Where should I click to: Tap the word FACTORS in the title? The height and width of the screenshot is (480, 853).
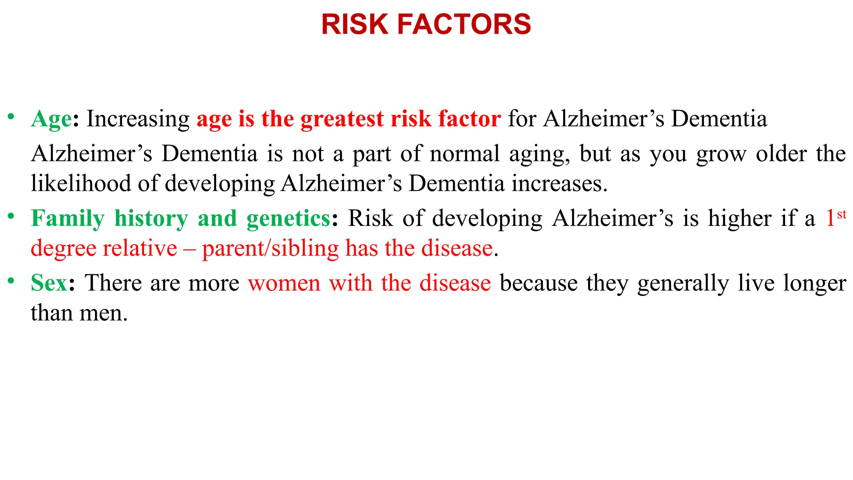[x=464, y=24]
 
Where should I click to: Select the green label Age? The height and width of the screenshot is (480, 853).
[x=51, y=119]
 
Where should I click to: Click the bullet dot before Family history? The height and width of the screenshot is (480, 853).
[x=11, y=216]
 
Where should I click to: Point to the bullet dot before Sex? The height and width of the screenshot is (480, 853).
[x=11, y=280]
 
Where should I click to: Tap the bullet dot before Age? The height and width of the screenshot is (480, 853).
[x=11, y=116]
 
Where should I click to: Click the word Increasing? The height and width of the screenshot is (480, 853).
[x=138, y=119]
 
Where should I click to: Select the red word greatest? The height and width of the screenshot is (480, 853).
[x=342, y=119]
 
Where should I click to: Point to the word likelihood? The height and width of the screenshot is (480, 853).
[x=81, y=183]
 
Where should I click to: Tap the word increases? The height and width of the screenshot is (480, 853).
[x=559, y=183]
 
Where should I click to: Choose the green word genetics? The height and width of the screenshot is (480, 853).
[x=288, y=218]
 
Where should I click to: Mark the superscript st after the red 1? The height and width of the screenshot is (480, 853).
[x=841, y=214]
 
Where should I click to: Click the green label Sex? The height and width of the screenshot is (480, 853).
[x=49, y=283]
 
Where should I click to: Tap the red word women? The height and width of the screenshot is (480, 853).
[x=284, y=283]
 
